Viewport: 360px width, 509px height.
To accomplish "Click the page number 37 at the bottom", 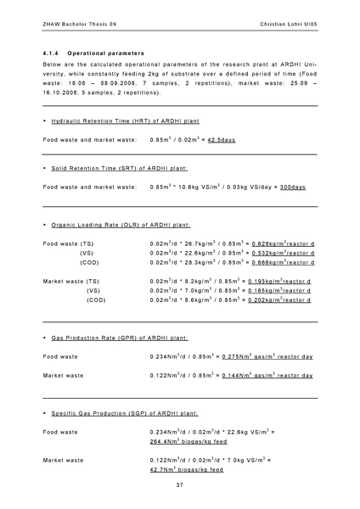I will [180, 484].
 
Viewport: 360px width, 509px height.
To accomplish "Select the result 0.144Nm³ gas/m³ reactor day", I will [272, 399].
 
